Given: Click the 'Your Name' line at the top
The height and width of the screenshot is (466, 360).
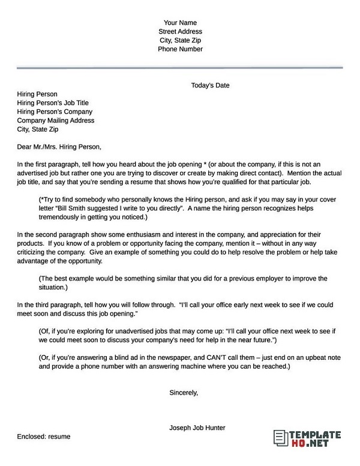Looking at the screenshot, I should coord(180,22).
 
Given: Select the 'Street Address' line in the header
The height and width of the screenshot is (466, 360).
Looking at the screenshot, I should coord(180,31).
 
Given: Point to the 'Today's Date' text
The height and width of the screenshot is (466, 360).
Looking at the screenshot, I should coord(210,85).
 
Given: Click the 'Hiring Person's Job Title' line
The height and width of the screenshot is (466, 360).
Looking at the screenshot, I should coord(53,103).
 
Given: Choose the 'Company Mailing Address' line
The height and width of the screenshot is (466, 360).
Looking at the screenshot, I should coord(56,120).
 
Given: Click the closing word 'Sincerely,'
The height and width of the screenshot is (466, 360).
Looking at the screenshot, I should coord(184,393).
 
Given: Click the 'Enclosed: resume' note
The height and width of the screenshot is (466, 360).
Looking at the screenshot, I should coord(44,436).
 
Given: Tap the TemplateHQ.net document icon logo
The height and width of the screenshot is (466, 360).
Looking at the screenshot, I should coord(279,437).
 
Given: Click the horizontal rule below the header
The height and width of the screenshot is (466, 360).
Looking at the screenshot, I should coord(180,68).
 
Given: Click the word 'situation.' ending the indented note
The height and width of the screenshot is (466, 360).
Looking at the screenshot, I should coord(52,288).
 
